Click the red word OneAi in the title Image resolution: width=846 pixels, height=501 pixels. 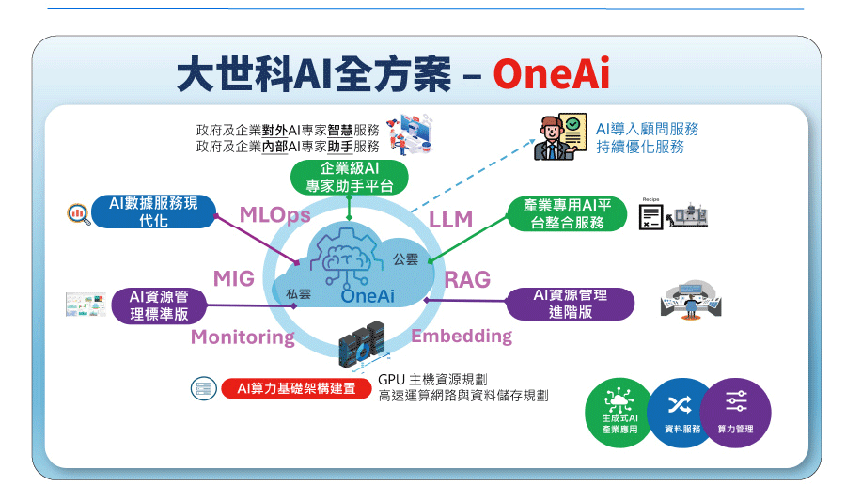click(551, 73)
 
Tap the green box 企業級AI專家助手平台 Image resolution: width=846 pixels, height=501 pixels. click(349, 177)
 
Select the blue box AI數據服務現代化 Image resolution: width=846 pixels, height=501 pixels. click(154, 211)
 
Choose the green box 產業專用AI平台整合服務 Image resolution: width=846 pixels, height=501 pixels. click(567, 213)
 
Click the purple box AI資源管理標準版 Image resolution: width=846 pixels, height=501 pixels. click(159, 305)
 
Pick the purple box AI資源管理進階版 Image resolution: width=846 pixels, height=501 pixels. click(571, 304)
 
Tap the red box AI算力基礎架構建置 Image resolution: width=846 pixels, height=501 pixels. click(296, 388)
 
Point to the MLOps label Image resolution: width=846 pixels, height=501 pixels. click(275, 215)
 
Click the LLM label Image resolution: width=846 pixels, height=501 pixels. click(450, 220)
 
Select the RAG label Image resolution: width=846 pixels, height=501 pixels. click(467, 280)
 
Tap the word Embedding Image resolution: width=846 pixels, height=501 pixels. click(462, 337)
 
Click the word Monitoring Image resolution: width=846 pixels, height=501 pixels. click(243, 337)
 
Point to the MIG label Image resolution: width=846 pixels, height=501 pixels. click(234, 279)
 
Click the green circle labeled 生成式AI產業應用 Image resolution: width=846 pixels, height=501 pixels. click(619, 413)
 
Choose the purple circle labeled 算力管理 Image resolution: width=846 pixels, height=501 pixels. click(736, 413)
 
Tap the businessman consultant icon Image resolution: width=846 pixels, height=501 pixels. click(560, 137)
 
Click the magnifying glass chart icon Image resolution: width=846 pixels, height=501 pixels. click(78, 214)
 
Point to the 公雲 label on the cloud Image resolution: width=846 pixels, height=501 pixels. click(405, 259)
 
